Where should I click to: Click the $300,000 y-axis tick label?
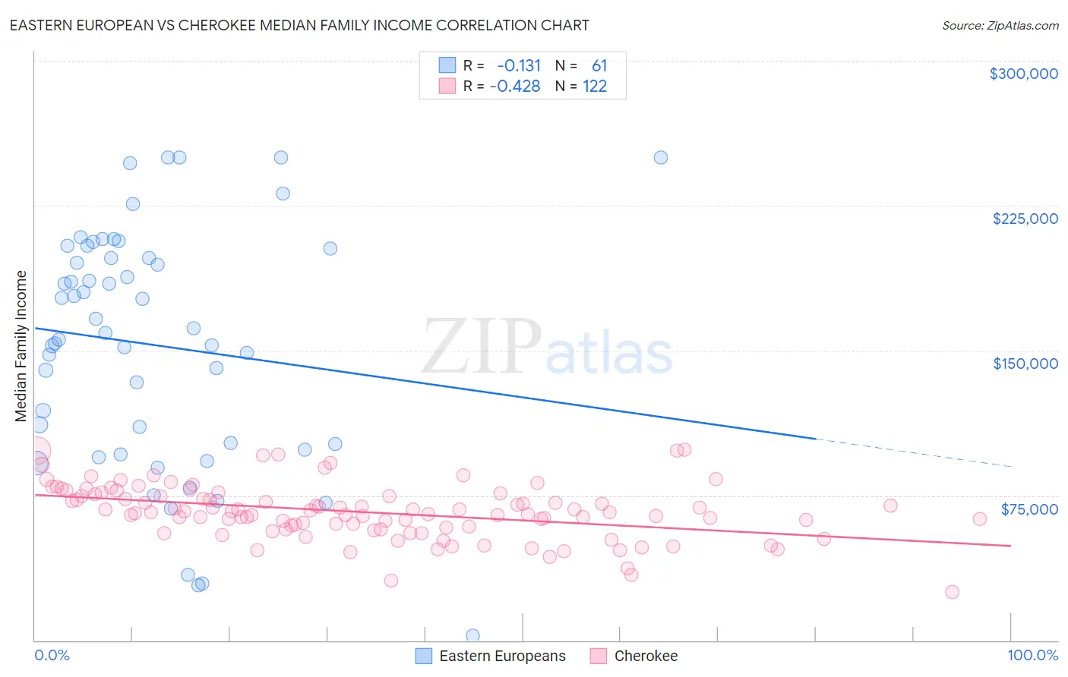coord(1023,74)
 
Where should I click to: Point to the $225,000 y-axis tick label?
coord(1025,219)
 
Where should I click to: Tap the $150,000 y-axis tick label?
coord(1025,364)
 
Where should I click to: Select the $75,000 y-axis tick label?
coord(1029,509)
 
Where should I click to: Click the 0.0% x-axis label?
coord(52,655)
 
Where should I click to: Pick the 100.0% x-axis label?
coord(1032,655)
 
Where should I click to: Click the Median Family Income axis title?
coord(21,345)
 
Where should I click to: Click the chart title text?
coord(299,25)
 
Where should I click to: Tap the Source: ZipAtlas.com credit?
coord(1000,26)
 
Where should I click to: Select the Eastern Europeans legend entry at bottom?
coord(502,656)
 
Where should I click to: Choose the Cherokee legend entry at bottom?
coord(646,656)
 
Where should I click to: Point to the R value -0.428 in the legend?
coord(515,87)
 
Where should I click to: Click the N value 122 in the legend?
coord(595,87)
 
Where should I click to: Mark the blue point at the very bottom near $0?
coord(472,635)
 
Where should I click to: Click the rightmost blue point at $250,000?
coord(661,158)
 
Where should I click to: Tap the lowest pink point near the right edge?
coord(952,592)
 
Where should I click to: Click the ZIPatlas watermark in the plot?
coord(547,348)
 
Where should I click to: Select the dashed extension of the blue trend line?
coord(912,452)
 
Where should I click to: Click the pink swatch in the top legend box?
coord(447,87)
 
